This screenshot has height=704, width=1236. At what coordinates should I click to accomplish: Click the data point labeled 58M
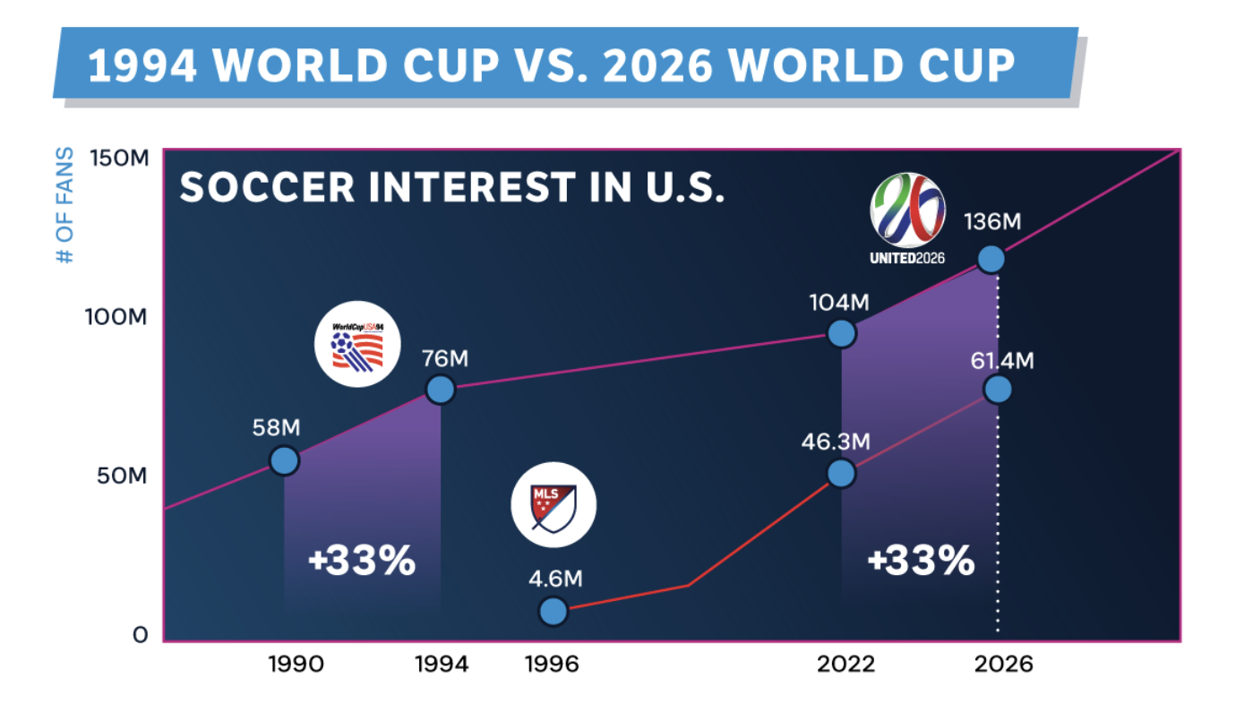pyautogui.click(x=284, y=461)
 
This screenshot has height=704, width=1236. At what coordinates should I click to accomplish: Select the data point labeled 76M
pyautogui.click(x=440, y=390)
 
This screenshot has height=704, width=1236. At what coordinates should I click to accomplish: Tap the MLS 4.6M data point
pyautogui.click(x=554, y=611)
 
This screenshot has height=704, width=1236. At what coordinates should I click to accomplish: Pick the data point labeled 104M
pyautogui.click(x=841, y=333)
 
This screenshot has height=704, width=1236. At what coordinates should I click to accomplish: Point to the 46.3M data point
pyautogui.click(x=841, y=473)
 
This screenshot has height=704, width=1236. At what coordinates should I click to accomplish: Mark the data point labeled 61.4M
pyautogui.click(x=997, y=389)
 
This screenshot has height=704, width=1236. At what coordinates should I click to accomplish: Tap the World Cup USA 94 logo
pyautogui.click(x=357, y=347)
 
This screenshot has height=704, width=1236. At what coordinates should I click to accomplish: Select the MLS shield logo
pyautogui.click(x=553, y=505)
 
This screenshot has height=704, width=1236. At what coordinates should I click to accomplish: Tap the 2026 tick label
pyautogui.click(x=1002, y=665)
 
